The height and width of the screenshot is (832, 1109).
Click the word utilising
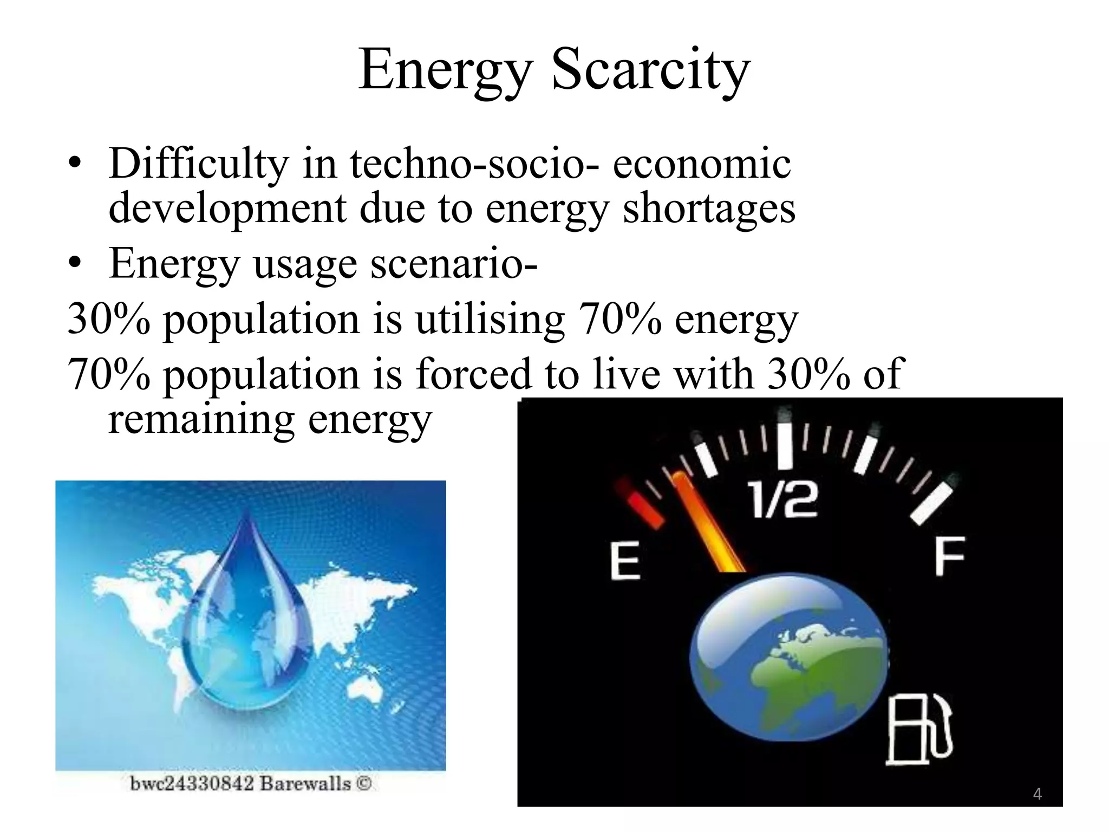(x=490, y=320)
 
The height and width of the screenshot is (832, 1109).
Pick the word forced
(x=474, y=374)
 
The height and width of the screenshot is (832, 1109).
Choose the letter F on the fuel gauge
(x=949, y=556)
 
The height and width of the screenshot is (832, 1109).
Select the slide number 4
(x=1037, y=794)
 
